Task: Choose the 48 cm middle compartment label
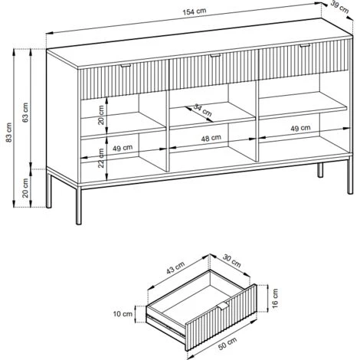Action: tap(211, 139)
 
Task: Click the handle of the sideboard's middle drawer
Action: tap(214, 57)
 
